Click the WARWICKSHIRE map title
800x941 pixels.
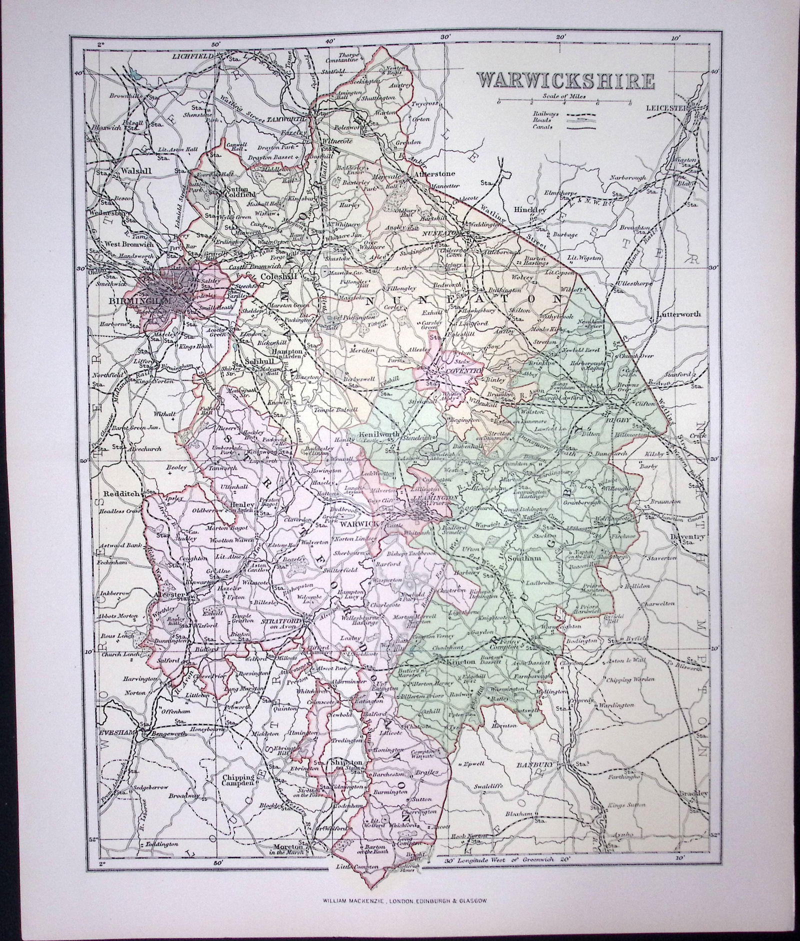(565, 80)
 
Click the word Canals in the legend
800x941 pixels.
(543, 127)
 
